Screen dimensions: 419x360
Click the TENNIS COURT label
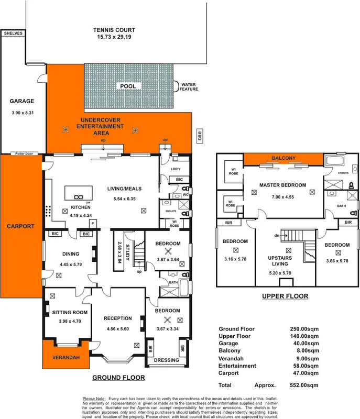tap(114, 30)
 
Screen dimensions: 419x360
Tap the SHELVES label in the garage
tap(13, 34)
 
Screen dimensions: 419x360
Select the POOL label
tap(127, 86)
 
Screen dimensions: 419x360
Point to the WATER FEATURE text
tap(190, 86)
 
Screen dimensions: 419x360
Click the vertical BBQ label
tap(199, 136)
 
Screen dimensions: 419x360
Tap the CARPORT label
tap(20, 226)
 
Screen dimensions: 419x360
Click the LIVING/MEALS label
tap(124, 189)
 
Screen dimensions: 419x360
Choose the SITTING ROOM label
tap(70, 313)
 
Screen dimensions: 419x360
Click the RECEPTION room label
tap(117, 318)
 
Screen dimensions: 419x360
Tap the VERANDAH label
tap(66, 358)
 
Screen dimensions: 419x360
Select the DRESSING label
tap(166, 360)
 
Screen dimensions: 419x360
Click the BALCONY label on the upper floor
tap(283, 158)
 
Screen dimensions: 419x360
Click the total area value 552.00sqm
tap(304, 384)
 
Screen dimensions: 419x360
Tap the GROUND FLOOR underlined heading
tap(118, 378)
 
